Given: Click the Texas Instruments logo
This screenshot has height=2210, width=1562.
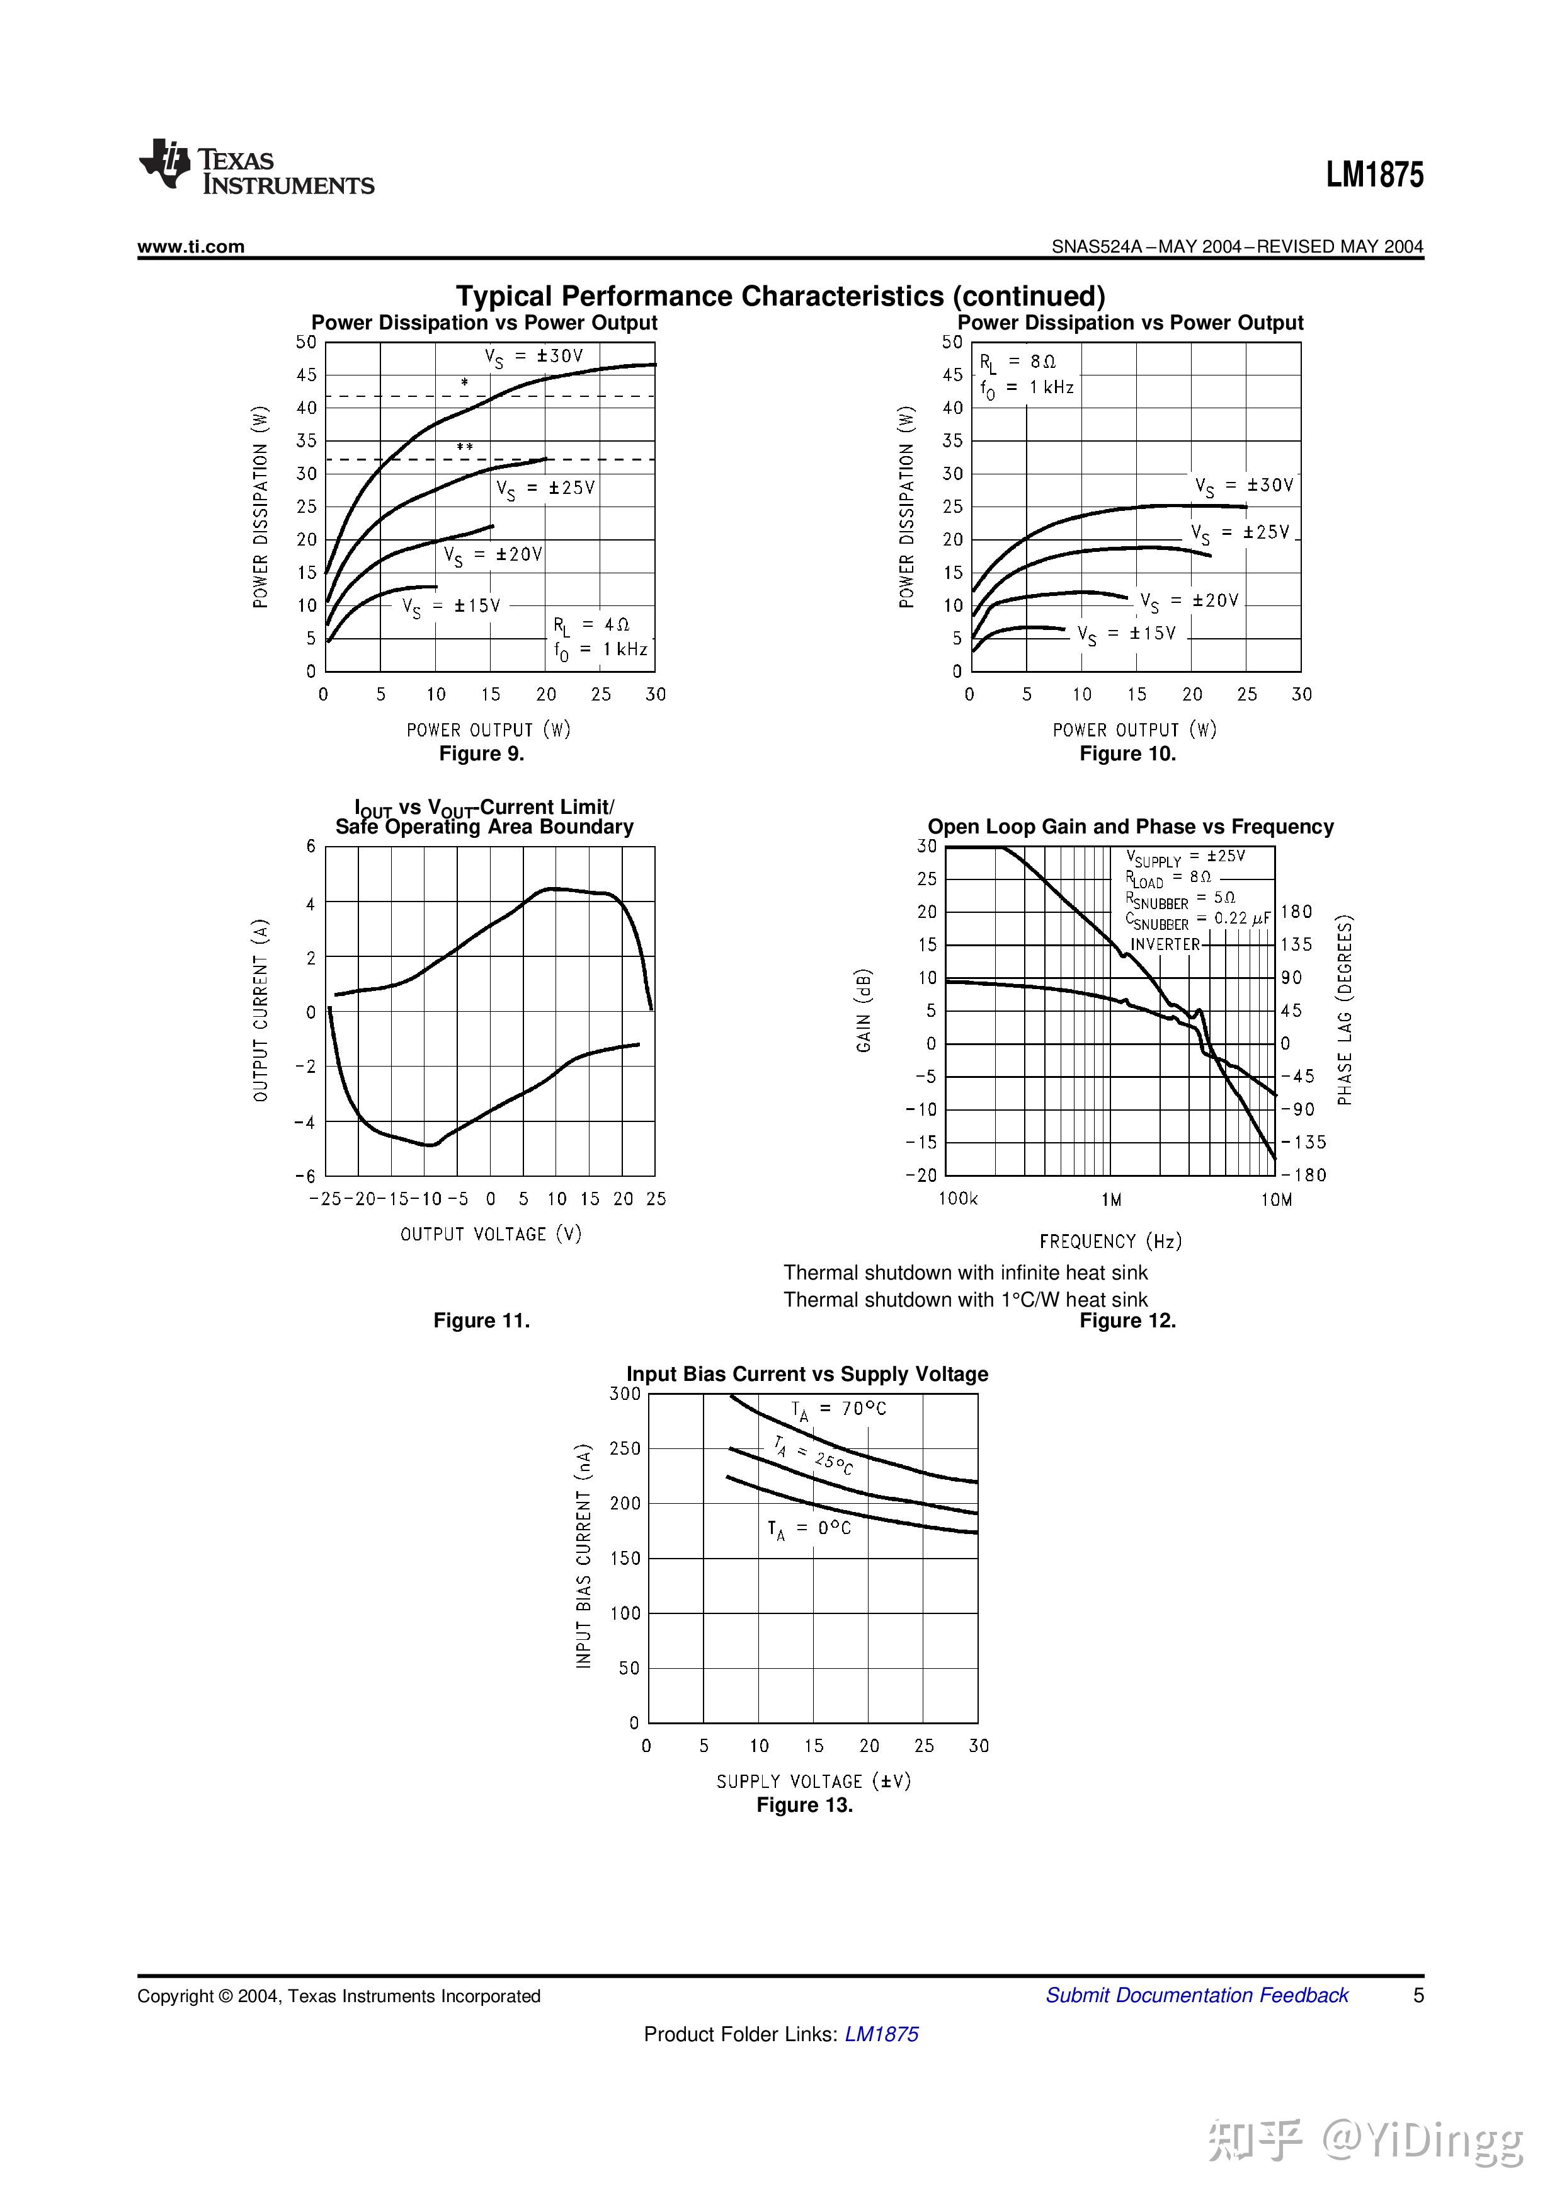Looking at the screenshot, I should point(256,168).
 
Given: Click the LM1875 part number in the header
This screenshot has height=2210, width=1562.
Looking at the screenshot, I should point(1374,176).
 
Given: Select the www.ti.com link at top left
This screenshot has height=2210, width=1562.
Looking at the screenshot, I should point(191,246).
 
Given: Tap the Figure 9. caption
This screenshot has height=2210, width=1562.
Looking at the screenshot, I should point(481,753).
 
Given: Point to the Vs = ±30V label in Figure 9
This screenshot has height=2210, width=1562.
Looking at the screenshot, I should point(534,357).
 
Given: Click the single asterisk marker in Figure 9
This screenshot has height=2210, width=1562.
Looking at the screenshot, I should point(465,383).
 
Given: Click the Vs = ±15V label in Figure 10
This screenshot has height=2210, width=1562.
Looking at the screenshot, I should point(1126,634).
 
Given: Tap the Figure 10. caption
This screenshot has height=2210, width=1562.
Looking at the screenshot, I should point(1127,753).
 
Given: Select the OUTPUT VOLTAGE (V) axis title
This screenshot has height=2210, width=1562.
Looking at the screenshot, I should point(491,1234).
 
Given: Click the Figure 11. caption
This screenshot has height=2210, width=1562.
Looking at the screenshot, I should point(481,1320).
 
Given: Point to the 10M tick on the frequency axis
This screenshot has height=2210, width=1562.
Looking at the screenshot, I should point(1276,1199).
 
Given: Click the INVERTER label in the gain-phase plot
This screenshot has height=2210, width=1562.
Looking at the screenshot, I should point(1165,944).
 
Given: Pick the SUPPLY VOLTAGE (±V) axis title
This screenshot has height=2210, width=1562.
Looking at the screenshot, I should point(813,1782).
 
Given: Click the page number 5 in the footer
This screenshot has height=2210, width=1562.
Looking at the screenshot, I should point(1418,1995).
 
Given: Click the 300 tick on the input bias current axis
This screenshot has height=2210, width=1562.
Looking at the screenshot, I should point(625,1394).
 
